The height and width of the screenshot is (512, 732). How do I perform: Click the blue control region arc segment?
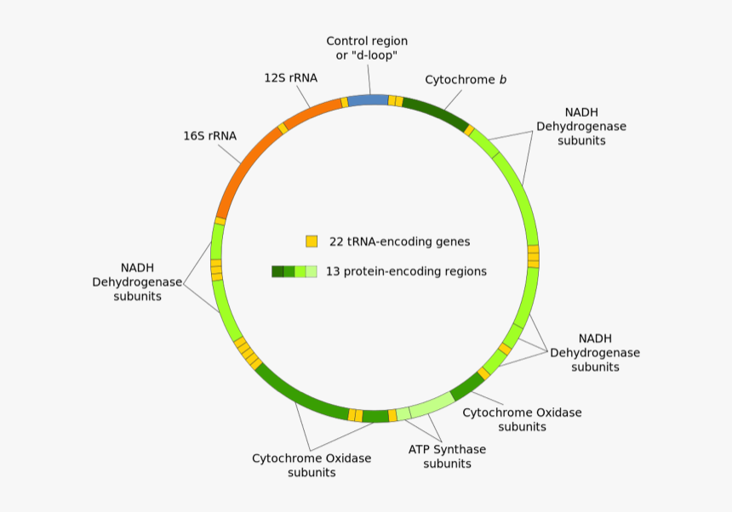coord(368,100)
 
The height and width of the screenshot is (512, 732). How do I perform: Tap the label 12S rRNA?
coord(290,77)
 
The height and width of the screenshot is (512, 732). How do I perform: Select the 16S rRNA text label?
coord(209,135)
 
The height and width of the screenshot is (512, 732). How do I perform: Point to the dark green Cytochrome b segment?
coord(434,114)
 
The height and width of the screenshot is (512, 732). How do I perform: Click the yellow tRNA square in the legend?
coord(312,242)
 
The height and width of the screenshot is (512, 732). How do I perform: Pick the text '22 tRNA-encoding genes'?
coord(399,242)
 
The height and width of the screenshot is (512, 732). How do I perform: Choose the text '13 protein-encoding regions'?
coord(406,272)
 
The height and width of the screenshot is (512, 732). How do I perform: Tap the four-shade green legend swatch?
coord(294,272)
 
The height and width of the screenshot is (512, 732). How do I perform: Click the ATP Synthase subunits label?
coord(447,456)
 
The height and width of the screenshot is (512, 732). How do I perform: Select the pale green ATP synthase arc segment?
coord(432,404)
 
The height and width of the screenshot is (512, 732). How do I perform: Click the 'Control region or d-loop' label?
coord(367,48)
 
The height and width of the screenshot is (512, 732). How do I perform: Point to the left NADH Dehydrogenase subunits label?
coord(137,282)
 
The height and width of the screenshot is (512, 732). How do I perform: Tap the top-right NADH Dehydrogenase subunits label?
coord(581,126)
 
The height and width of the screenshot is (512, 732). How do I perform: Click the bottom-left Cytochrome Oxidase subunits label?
coord(312,464)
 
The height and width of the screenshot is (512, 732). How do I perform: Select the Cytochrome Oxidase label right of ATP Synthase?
coord(522,419)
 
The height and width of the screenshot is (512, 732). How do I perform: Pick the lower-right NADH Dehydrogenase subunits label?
coord(595,352)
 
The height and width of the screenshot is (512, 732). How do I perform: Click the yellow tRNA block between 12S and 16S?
coord(283,128)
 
